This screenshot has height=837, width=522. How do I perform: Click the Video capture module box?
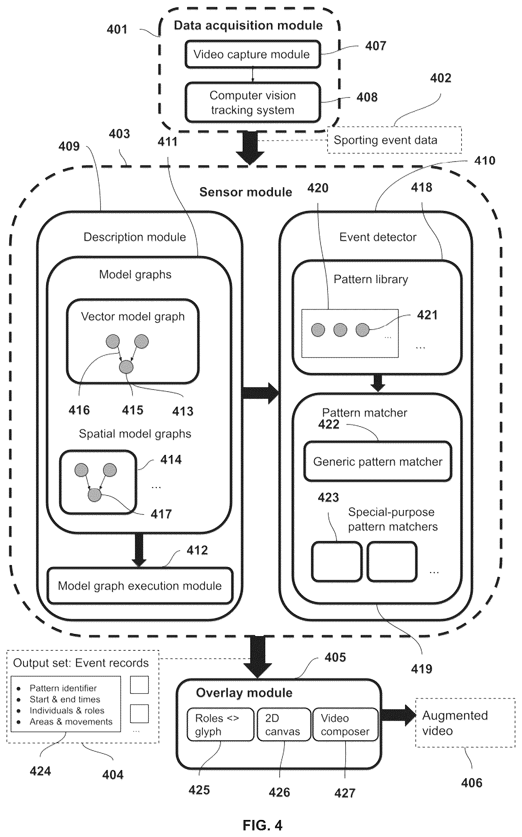tap(253, 54)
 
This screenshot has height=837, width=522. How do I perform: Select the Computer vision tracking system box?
tap(253, 102)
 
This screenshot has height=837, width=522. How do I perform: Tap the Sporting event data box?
tap(394, 140)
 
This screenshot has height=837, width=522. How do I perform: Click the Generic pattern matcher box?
tap(378, 462)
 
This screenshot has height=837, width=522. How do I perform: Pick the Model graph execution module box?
tap(140, 586)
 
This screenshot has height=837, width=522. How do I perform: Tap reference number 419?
tap(422, 669)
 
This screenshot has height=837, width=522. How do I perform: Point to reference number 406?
tap(472, 783)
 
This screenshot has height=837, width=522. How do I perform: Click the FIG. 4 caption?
tap(262, 825)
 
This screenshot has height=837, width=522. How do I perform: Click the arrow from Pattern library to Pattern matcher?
tap(378, 383)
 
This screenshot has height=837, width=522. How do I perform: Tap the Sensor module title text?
tap(246, 192)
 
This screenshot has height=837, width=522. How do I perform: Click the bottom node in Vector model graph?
tap(126, 367)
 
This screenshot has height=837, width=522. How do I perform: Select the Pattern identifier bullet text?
tap(63, 688)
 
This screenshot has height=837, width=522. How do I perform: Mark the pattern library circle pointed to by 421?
tap(363, 330)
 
